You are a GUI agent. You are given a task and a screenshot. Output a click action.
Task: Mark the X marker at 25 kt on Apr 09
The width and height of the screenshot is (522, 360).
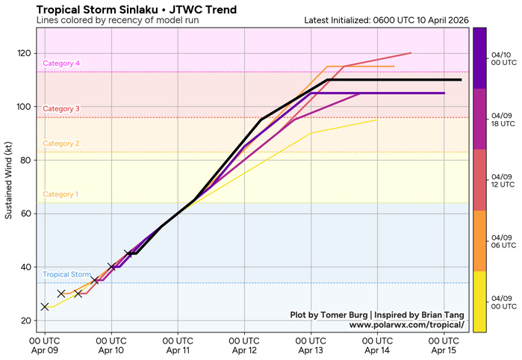point(45,306)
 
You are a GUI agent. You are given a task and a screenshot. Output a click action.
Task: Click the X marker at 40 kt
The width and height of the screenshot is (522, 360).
point(111,267)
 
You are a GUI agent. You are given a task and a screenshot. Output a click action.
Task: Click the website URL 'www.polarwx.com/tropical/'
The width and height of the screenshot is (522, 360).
point(406,325)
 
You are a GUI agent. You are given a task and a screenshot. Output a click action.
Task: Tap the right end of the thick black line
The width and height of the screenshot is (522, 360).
point(461,80)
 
